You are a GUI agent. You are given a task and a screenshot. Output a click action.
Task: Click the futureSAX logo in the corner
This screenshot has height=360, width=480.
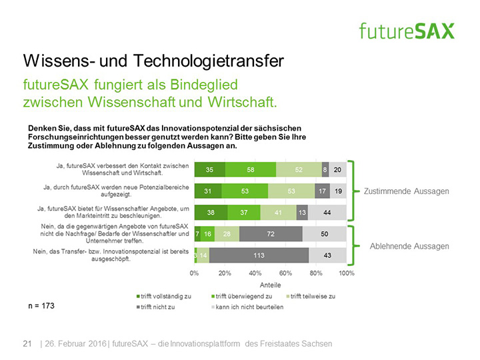[x=406, y=30]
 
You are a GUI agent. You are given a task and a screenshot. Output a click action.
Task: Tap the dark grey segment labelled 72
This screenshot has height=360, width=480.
[x=271, y=234]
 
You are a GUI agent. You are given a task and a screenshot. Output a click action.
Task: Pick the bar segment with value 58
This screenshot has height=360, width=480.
[x=251, y=170]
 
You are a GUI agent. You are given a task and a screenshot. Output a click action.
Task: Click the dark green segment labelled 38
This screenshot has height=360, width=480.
[x=211, y=213]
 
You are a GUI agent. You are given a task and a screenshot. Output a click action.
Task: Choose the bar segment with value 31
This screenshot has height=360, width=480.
[x=208, y=191]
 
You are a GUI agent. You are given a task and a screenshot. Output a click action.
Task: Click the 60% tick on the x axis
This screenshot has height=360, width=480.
[x=286, y=273]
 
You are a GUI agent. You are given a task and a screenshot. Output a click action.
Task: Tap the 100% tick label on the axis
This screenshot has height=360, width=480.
[x=347, y=273]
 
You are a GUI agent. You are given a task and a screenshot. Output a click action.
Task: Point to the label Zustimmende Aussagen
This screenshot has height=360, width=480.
[x=406, y=191]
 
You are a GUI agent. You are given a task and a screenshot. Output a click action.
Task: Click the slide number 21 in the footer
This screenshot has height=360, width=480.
[x=27, y=343]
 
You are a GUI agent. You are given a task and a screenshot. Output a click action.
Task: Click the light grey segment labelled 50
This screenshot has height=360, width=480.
[x=324, y=234]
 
